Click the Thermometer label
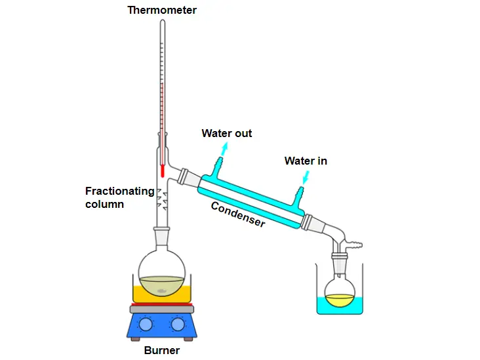pyautogui.click(x=162, y=10)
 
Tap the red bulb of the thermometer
pyautogui.click(x=161, y=170)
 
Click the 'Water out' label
pyautogui.click(x=226, y=134)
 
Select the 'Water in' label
pyautogui.click(x=306, y=161)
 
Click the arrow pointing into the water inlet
pyautogui.click(x=305, y=176)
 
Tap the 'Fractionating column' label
pyautogui.click(x=119, y=197)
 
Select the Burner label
pyautogui.click(x=161, y=350)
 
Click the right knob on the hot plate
pyautogui.click(x=178, y=324)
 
